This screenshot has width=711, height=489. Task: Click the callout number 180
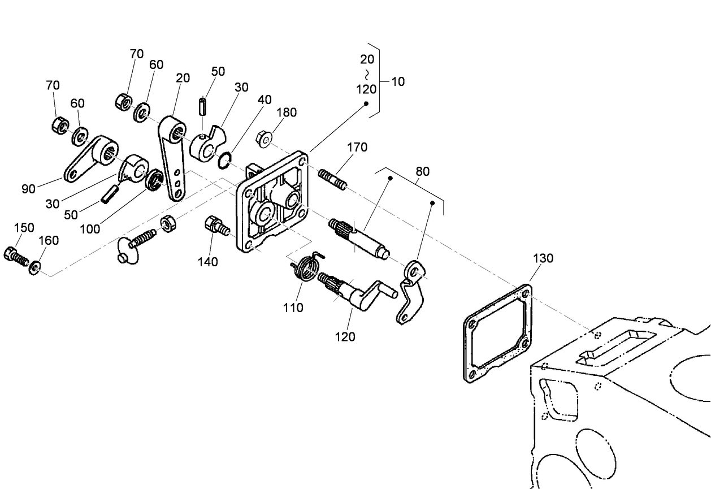pyautogui.click(x=287, y=112)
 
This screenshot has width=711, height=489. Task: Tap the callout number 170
pyautogui.click(x=357, y=148)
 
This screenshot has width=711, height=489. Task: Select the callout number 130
pyautogui.click(x=543, y=258)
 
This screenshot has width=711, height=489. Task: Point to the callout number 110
pyautogui.click(x=293, y=308)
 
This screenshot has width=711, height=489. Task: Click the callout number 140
pyautogui.click(x=208, y=262)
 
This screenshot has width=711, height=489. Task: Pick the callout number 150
pyautogui.click(x=24, y=228)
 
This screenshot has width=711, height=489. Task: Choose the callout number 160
pyautogui.click(x=49, y=240)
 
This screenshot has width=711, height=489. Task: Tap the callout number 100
pyautogui.click(x=90, y=229)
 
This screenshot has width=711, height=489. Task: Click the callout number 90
pyautogui.click(x=29, y=189)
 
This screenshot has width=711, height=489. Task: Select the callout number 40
pyautogui.click(x=265, y=99)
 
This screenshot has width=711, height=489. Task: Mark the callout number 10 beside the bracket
pyautogui.click(x=398, y=81)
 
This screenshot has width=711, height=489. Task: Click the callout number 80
pyautogui.click(x=422, y=171)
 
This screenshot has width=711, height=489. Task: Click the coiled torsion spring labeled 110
pyautogui.click(x=307, y=266)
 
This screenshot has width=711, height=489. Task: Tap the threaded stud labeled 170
pyautogui.click(x=333, y=179)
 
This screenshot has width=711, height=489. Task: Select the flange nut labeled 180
pyautogui.click(x=264, y=139)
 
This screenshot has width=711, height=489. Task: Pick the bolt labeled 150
pyautogui.click(x=16, y=256)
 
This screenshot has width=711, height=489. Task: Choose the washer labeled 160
pyautogui.click(x=34, y=268)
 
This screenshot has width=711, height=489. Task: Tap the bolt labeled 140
pyautogui.click(x=217, y=226)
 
